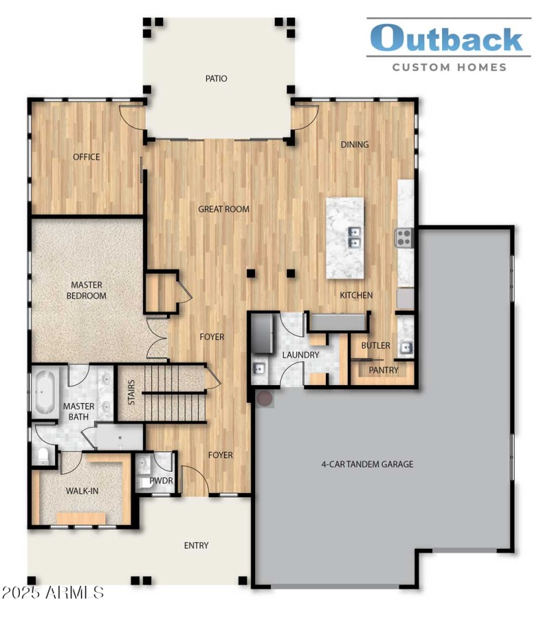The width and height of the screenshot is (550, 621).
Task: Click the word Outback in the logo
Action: click(446, 39)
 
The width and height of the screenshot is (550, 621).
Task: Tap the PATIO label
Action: click(216, 78)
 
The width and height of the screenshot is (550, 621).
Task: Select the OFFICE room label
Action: click(87, 157)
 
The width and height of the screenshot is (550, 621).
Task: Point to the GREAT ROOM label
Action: click(223, 209)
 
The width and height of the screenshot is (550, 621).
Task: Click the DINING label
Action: click(355, 144)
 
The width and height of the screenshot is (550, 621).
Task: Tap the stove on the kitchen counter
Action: click(403, 238)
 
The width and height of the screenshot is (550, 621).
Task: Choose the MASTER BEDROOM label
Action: click(87, 290)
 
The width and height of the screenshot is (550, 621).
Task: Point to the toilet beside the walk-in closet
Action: click(43, 455)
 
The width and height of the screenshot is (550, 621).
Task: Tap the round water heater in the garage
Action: click(264, 398)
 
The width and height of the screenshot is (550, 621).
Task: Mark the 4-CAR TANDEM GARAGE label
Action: click(368, 464)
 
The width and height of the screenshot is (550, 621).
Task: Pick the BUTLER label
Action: click(376, 345)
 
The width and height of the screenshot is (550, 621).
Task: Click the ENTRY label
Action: click(196, 545)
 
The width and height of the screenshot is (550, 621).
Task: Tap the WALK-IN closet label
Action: click(82, 492)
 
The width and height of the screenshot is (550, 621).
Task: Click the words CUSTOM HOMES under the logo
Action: click(449, 67)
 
